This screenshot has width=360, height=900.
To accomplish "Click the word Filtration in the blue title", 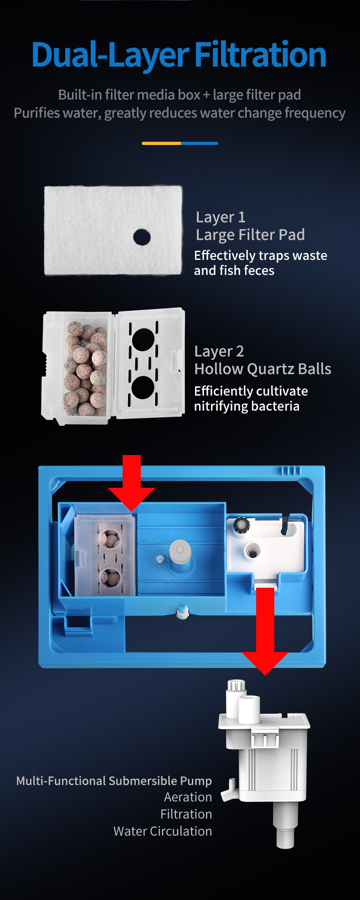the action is (x=261, y=55).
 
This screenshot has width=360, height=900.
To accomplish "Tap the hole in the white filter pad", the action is (x=142, y=237).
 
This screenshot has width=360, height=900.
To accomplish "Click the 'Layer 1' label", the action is (x=221, y=217).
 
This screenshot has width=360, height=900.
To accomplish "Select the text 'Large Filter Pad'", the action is (x=250, y=235).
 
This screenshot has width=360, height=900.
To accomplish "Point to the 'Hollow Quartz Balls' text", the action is (x=262, y=369).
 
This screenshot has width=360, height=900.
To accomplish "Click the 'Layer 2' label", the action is (x=219, y=352).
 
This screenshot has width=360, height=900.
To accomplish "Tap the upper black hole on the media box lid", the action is (x=143, y=340).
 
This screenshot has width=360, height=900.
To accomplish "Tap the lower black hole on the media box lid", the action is (x=143, y=388).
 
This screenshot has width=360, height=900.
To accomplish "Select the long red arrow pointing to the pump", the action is (x=265, y=631).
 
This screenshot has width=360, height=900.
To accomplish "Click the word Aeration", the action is (x=188, y=797).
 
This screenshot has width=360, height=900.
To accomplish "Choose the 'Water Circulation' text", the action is (x=163, y=831).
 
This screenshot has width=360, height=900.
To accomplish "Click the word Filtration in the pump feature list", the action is (x=186, y=814).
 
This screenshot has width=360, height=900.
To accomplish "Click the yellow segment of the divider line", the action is (x=161, y=143).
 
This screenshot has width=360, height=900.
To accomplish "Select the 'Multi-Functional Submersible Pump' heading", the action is (x=114, y=781).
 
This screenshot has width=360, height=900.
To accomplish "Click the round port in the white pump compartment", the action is (x=252, y=551).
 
